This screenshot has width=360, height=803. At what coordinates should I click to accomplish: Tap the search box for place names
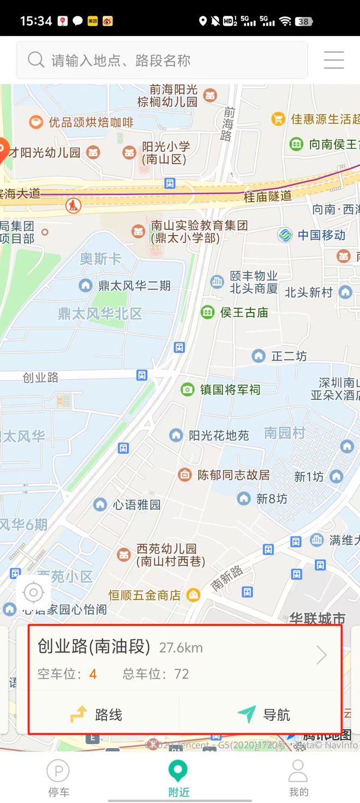click(x=161, y=60)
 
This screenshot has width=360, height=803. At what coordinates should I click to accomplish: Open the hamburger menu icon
click(x=334, y=60)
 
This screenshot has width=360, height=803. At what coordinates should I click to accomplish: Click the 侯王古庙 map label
click(x=244, y=313)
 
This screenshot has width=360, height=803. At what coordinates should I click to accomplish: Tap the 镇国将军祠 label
click(x=230, y=389)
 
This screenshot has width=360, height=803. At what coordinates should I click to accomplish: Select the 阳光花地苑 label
click(x=218, y=435)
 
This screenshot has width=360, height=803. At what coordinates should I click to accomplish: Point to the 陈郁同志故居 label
click(x=233, y=475)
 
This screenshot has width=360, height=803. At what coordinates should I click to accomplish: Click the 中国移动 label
click(x=321, y=235)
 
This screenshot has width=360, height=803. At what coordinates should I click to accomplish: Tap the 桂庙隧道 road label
click(x=268, y=196)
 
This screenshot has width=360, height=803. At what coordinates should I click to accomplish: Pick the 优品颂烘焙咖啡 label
click(x=91, y=122)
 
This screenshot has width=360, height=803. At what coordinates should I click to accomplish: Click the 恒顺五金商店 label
click(x=144, y=595)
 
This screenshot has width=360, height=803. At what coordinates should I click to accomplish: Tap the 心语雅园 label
click(x=136, y=505)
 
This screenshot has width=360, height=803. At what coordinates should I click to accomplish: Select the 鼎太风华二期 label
click(x=134, y=285)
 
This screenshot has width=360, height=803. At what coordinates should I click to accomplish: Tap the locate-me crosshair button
click(x=34, y=592)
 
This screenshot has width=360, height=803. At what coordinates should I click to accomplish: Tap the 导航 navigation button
click(x=264, y=715)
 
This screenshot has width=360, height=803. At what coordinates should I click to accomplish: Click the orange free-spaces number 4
click(x=93, y=674)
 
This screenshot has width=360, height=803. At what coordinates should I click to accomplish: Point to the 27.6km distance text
click(x=181, y=648)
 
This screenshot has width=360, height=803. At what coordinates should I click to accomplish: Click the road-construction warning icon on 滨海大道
click(x=73, y=206)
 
